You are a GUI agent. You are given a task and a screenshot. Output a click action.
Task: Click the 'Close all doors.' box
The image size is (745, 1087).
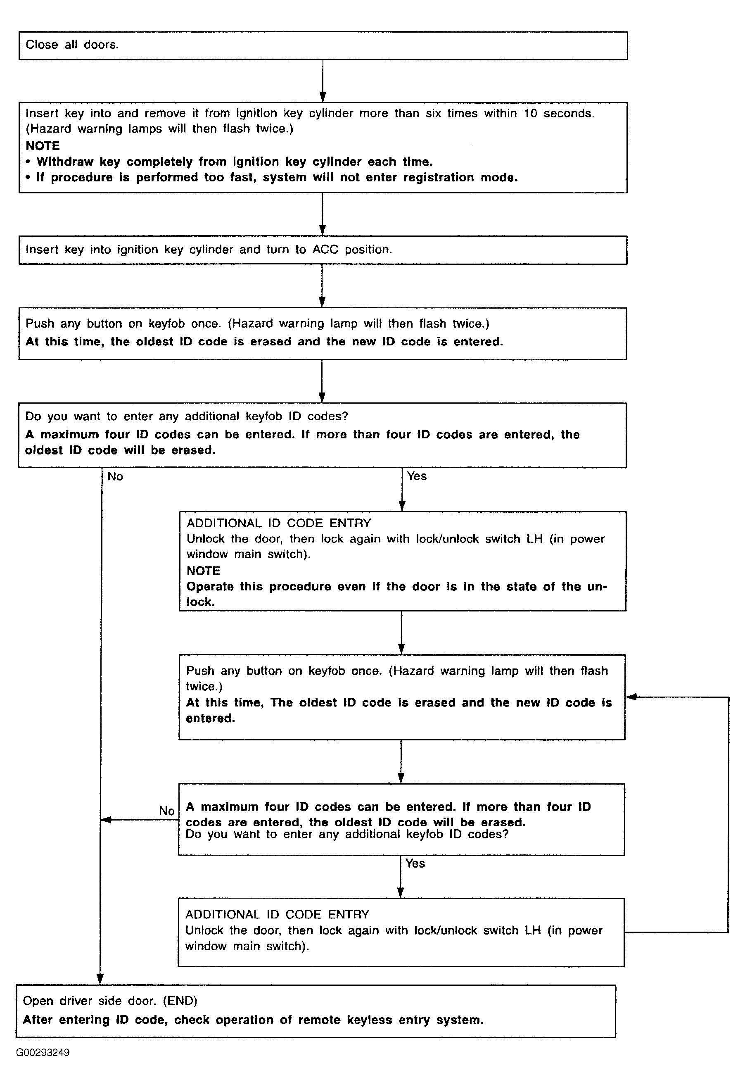323,45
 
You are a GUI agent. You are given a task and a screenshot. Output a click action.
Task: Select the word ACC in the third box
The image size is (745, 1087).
325,249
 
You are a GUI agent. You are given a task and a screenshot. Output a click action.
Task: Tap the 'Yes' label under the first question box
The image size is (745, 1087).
417,476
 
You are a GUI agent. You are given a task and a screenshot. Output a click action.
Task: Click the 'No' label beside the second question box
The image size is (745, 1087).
166,811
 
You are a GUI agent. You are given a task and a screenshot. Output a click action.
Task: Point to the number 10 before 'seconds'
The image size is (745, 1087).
530,113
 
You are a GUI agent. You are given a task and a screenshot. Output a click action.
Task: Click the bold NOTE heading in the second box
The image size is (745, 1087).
43,146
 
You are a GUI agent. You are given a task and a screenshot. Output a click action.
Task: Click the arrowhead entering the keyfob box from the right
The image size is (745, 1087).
631,697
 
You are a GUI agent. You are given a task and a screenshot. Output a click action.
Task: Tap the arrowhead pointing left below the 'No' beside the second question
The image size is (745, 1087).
106,819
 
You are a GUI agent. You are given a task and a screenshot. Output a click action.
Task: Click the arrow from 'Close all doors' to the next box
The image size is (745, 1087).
323,81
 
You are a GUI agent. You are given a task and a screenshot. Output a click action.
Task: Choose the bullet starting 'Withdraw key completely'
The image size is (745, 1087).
229,162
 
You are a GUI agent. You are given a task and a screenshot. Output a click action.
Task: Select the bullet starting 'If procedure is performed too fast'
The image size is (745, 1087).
272,178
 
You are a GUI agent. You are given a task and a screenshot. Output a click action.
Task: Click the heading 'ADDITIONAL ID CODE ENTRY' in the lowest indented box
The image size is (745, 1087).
278,914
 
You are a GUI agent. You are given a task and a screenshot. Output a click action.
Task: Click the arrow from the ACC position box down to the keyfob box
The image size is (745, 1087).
322,286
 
